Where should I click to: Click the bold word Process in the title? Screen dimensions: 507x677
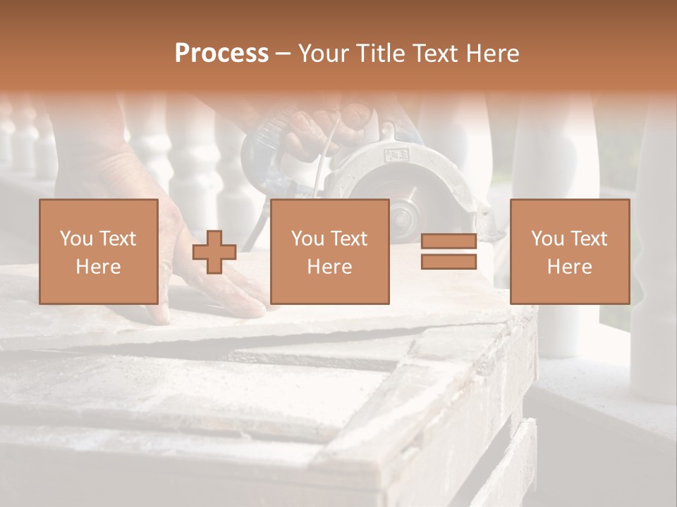point(221,54)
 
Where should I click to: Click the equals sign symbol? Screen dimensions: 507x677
point(449,251)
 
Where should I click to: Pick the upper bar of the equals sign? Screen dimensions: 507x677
point(449,242)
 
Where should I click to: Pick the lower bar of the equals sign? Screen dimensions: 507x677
point(449,261)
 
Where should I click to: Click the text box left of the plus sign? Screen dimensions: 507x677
point(98,251)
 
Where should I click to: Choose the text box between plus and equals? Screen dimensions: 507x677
point(329,251)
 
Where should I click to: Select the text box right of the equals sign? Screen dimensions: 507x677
point(569,251)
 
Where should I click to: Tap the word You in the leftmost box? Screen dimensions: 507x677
point(75,239)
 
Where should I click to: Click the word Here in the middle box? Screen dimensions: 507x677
point(329,267)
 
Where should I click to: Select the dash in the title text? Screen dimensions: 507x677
point(283,54)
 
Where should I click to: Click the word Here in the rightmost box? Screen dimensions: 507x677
point(569,267)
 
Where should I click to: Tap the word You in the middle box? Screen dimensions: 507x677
point(307,239)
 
